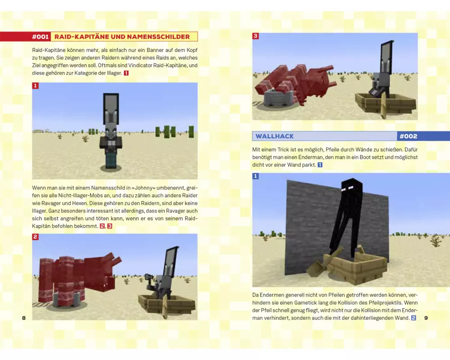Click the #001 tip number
point(40,36)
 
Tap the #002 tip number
point(409,136)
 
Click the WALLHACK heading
point(274,136)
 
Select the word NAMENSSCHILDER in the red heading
point(158,36)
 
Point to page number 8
point(24,318)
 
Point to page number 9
point(426,318)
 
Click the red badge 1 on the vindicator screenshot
point(35,85)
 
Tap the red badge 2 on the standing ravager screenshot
point(35,237)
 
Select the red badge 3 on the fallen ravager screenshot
point(256,36)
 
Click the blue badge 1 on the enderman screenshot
point(256,176)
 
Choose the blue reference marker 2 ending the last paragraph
point(414,318)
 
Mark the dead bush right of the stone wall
point(436,241)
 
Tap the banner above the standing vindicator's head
point(111,108)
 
